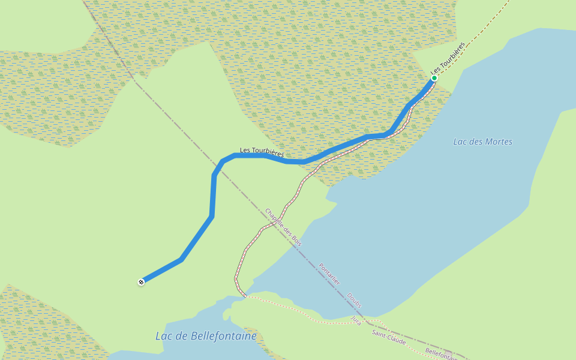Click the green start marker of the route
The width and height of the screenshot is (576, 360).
click(434, 78)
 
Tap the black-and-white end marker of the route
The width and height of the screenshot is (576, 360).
click(141, 281)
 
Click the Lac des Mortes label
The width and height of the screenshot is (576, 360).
click(483, 142)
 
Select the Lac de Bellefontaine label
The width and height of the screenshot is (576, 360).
click(206, 336)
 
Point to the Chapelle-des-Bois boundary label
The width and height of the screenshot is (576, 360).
click(283, 227)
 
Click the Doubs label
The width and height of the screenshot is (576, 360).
click(354, 300)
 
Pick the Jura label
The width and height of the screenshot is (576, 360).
click(356, 320)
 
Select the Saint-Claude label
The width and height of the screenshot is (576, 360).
click(388, 338)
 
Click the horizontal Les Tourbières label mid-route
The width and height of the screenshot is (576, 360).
click(262, 152)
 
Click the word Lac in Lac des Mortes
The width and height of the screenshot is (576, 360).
click(460, 142)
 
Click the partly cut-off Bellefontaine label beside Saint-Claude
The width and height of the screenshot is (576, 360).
click(441, 354)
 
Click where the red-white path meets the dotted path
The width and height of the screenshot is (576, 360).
click(245, 295)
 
